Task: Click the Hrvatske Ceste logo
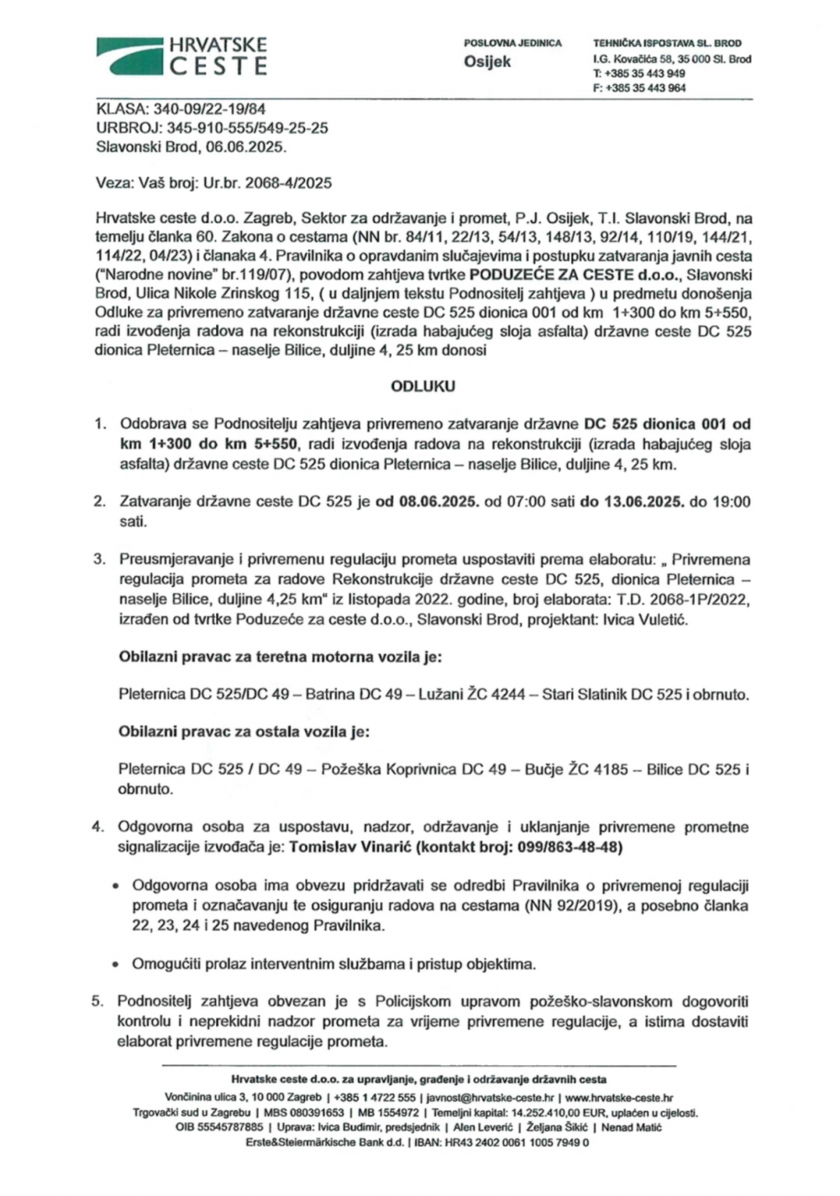(x=182, y=55)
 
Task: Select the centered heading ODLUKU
(x=423, y=386)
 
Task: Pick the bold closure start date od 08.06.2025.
(x=428, y=502)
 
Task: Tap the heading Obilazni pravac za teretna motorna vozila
(x=281, y=657)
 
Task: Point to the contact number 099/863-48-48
(x=572, y=847)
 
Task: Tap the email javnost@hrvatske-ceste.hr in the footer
(x=491, y=1098)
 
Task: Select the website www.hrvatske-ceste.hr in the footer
(x=619, y=1098)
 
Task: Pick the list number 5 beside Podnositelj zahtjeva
(x=97, y=1001)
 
